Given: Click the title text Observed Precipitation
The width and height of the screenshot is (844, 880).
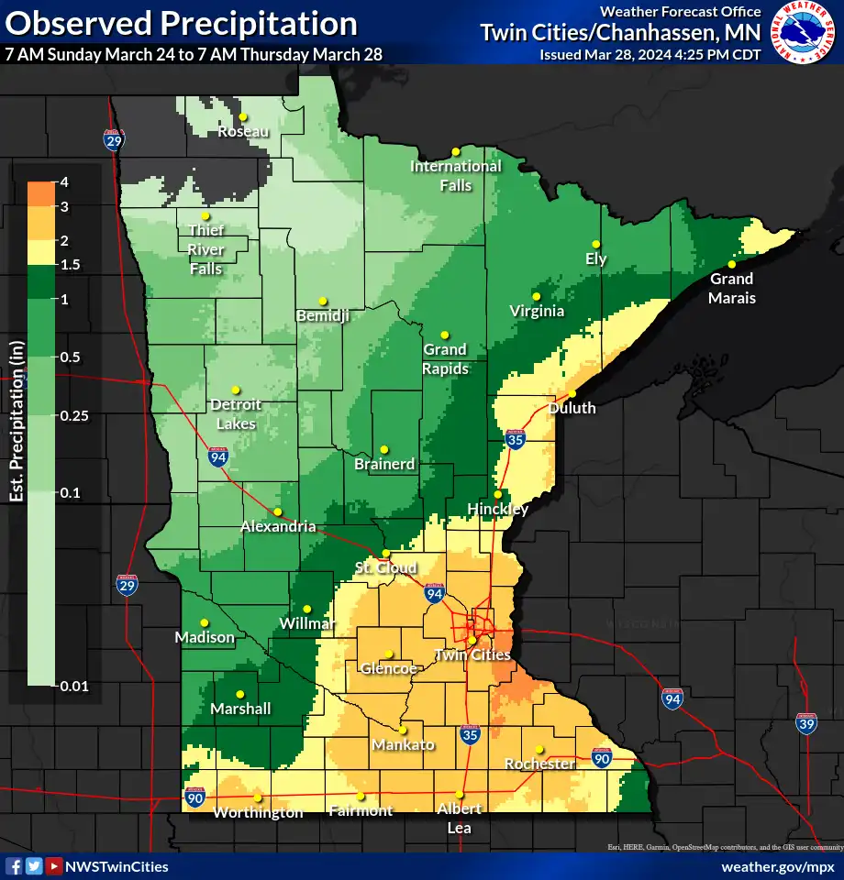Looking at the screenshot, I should pos(181,23).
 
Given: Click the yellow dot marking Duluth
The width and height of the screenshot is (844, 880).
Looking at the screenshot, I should pos(572,394).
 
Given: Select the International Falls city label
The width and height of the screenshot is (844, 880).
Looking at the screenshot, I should pos(455,175).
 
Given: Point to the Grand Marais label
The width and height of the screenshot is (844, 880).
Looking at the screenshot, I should pos(731,288).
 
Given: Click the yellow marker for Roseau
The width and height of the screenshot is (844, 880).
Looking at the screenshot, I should pos(243,117).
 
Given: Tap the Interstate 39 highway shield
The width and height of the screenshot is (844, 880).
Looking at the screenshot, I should pos(807,724).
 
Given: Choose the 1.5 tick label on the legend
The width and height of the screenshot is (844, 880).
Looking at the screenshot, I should pos(71,265).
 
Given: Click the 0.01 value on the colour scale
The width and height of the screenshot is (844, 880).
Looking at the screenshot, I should pos(74,684).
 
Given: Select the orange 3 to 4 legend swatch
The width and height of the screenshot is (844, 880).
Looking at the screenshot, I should pos(40,194).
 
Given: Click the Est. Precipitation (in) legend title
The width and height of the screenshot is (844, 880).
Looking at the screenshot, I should pos(16,422).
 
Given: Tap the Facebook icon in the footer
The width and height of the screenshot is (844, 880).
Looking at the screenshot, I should pos(14,866).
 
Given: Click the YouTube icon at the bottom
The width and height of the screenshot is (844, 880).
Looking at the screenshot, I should pos(54,866).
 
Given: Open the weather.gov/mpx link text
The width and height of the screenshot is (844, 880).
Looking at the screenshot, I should pos(778,866).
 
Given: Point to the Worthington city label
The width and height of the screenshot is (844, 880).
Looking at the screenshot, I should pos(258,812).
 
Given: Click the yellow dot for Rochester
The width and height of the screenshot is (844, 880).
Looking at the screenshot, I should pos(539,749).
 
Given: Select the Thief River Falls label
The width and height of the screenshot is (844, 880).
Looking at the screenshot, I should pos(205,249).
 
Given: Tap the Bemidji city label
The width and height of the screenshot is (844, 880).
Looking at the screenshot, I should pos(323,315).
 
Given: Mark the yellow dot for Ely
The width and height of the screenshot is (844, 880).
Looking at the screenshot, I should pos(595,244).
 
